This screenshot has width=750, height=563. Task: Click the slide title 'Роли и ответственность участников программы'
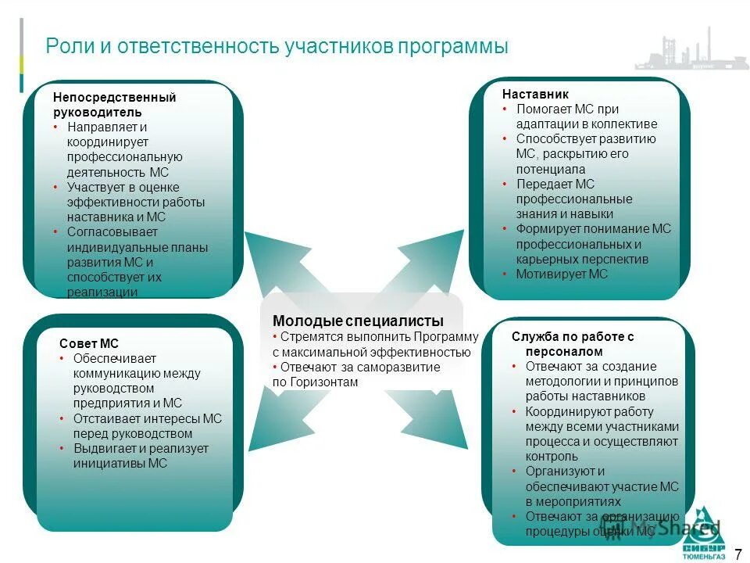277,46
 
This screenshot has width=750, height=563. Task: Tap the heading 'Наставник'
530,94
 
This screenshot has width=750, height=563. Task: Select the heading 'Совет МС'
89,343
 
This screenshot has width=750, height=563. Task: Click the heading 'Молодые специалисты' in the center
358,321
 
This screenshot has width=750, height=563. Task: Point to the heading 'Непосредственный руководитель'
114,105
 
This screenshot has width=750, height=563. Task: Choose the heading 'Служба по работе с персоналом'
573,344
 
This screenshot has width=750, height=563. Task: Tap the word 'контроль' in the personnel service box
552,457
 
